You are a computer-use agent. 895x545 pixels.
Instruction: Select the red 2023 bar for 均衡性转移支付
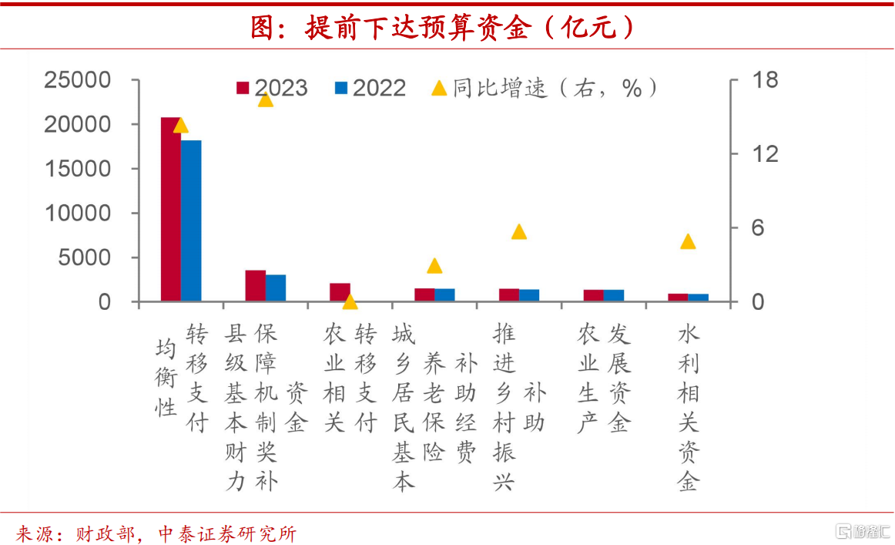(x=170, y=208)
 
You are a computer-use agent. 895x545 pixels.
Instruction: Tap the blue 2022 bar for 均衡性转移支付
(x=190, y=220)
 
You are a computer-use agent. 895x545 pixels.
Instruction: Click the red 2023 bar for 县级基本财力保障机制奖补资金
(x=255, y=285)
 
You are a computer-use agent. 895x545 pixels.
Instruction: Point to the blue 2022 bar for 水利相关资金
(x=698, y=298)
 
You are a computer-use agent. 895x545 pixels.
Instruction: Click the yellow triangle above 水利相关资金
(x=688, y=241)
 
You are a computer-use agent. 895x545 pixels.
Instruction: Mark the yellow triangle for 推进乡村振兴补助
(x=519, y=231)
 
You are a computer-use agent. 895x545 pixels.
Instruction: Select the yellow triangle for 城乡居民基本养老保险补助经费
(x=434, y=265)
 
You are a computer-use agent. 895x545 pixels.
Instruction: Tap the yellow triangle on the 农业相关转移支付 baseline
(x=350, y=301)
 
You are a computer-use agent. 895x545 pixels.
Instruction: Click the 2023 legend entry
(x=272, y=88)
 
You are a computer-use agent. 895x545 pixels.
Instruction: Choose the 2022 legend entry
(x=370, y=88)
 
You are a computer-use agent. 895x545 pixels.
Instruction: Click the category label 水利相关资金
(x=688, y=408)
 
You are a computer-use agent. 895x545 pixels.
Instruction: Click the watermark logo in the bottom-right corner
(x=863, y=531)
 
